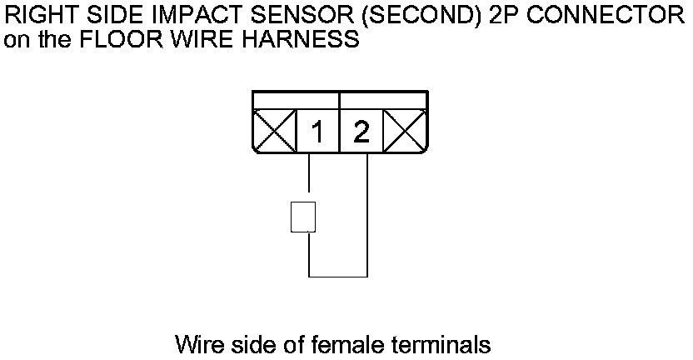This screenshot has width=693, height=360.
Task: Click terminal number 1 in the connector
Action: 317,132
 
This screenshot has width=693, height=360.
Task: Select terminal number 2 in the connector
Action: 361,132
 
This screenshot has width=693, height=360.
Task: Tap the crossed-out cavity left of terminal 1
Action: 274,132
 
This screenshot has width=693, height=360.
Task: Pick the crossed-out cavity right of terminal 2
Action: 405,132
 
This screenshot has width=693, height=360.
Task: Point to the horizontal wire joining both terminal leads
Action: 338,276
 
